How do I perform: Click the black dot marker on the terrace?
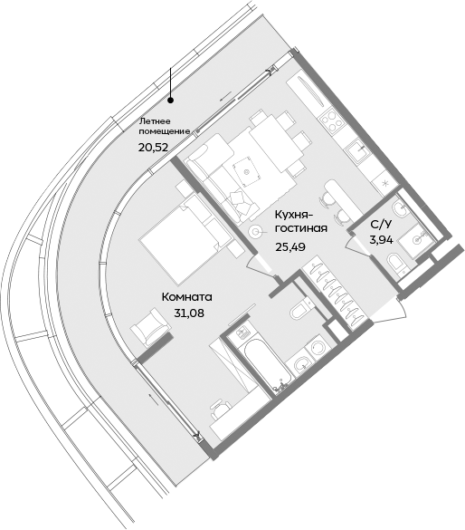(170, 101)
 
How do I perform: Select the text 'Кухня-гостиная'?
(300, 223)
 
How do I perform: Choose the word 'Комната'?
(186, 297)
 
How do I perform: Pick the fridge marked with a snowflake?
(387, 182)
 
